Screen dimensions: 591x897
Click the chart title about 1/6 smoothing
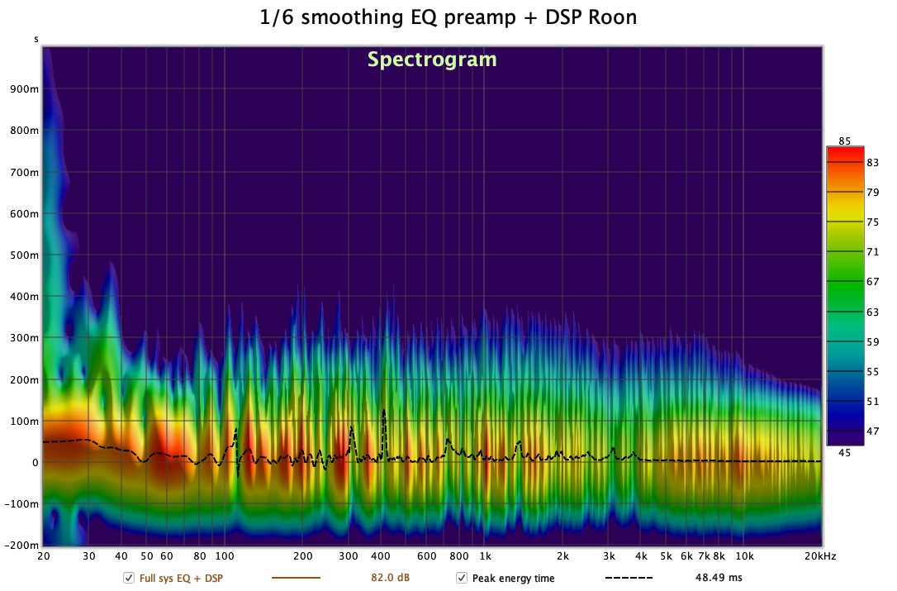point(448,17)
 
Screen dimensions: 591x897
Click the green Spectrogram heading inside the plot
point(432,60)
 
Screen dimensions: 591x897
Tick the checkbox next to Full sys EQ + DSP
point(129,578)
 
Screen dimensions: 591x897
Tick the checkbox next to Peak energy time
point(462,578)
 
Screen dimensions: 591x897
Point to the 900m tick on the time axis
point(25,89)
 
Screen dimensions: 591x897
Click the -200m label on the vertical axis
point(22,546)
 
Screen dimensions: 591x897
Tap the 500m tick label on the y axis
point(25,255)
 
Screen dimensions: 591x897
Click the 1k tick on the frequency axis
point(486,556)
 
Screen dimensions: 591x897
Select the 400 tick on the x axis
point(381,556)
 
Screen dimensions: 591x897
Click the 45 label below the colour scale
point(845,452)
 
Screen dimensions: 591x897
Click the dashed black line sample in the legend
point(629,578)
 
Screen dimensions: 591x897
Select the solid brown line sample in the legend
point(296,578)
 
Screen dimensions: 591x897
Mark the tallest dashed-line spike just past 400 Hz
point(383,411)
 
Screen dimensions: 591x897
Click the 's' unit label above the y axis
point(36,39)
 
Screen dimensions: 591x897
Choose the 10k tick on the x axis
point(744,556)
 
